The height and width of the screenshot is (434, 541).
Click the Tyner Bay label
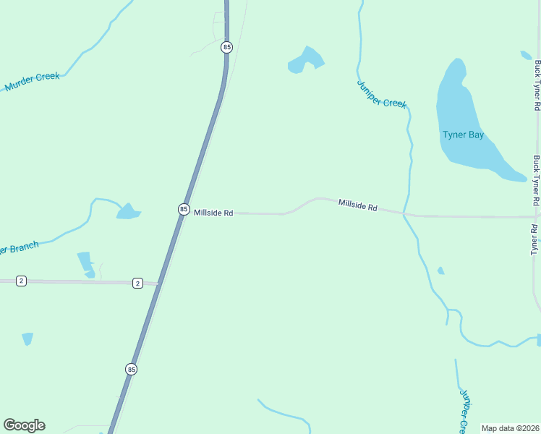click(463, 135)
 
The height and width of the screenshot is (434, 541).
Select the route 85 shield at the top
click(227, 47)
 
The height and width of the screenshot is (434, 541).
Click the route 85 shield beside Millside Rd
click(184, 209)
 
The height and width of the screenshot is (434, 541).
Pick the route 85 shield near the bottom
click(131, 369)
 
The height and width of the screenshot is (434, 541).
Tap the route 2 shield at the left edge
click(21, 281)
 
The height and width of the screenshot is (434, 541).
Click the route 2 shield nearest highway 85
click(137, 283)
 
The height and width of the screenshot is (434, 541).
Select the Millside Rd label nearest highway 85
click(213, 213)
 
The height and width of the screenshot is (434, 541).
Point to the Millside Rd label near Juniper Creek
click(358, 207)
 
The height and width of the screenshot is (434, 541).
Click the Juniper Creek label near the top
click(382, 93)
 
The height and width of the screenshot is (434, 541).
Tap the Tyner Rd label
click(536, 239)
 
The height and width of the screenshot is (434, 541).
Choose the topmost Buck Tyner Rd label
click(537, 84)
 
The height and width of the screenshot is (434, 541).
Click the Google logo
click(24, 425)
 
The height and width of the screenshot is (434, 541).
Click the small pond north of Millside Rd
click(305, 60)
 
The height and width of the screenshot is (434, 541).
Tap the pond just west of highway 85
click(128, 211)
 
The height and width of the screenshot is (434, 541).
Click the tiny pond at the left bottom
click(27, 339)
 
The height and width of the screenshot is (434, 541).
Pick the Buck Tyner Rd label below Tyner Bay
click(537, 180)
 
